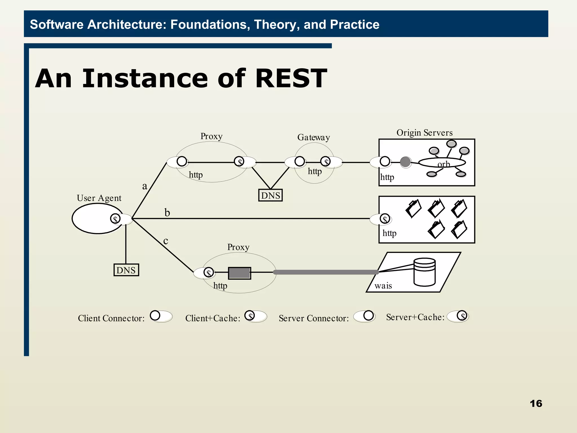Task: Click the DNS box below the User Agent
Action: [126, 270]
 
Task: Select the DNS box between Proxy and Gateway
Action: [270, 195]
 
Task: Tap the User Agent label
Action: [99, 198]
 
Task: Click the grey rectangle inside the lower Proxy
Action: [239, 273]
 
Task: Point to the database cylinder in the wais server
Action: [424, 272]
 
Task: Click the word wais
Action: [383, 286]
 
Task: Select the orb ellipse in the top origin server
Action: [441, 163]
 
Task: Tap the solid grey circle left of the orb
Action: [405, 162]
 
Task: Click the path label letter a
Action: [145, 186]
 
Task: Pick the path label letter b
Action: [167, 213]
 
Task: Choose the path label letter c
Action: [166, 241]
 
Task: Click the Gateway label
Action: [314, 137]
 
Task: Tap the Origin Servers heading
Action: [424, 132]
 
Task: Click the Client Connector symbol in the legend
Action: [161, 316]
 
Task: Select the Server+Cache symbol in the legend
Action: [458, 316]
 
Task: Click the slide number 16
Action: [536, 403]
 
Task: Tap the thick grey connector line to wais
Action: [325, 272]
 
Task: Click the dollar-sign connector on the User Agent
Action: [115, 219]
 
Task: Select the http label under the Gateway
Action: [314, 171]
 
